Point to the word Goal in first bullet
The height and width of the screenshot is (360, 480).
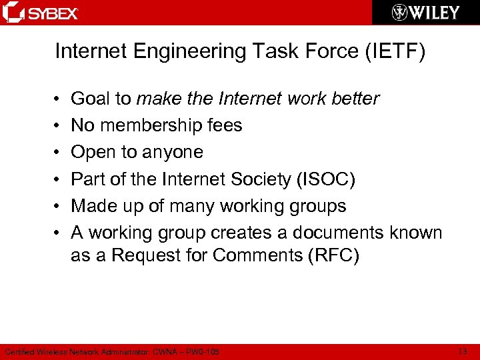pos(91,99)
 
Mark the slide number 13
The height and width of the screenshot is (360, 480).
pos(463,351)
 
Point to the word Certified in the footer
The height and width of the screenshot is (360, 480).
pos(19,351)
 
